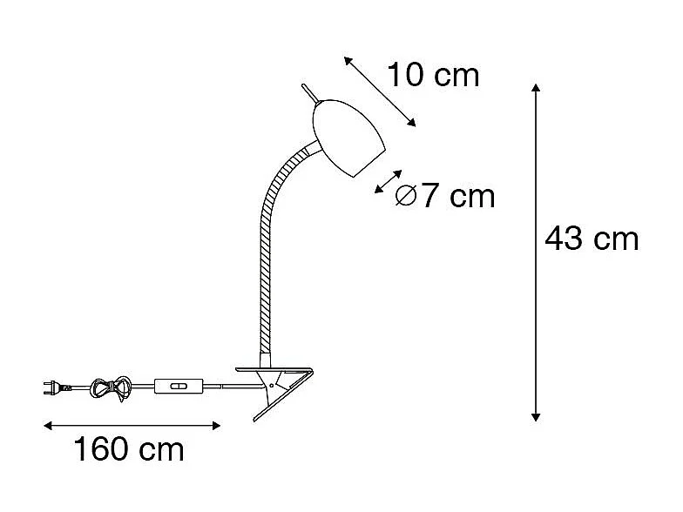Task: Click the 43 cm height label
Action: pos(592,238)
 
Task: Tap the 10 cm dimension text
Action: pos(433,75)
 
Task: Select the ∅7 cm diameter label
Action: pos(444,197)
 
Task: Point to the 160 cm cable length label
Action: pos(128,450)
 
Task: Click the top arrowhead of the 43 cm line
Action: pos(536,88)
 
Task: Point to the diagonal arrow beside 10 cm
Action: pos(380,91)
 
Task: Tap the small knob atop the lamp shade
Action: pos(308,91)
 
